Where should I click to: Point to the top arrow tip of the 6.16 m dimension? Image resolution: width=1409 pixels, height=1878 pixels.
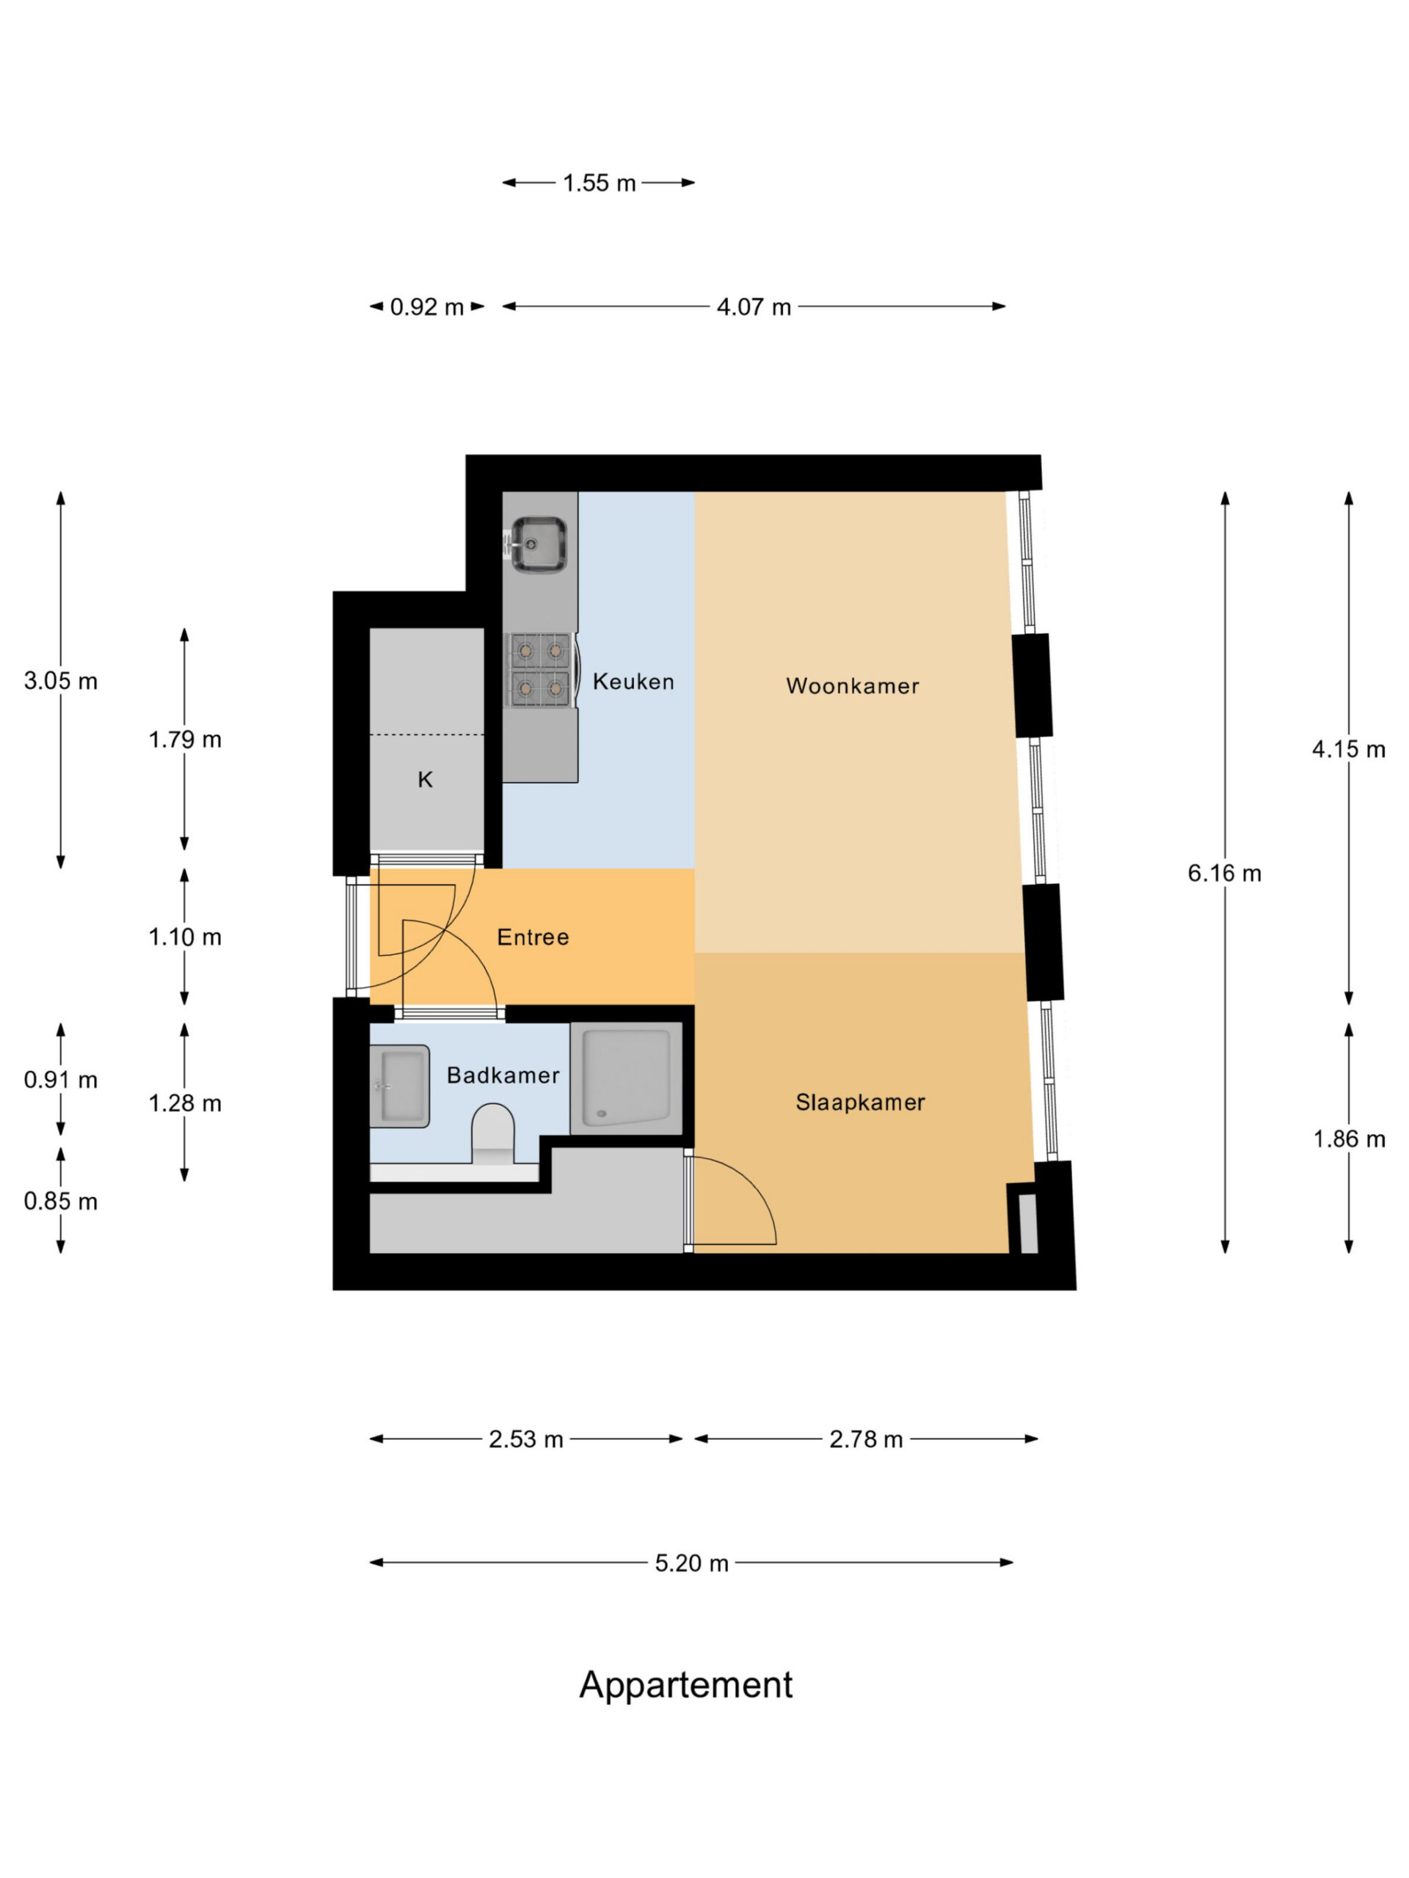(1225, 492)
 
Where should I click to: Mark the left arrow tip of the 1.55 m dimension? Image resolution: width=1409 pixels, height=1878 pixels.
(503, 183)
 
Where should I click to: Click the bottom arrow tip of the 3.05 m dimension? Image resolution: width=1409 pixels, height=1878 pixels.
(60, 869)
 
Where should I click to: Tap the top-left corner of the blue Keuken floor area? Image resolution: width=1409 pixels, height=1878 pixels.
(579, 492)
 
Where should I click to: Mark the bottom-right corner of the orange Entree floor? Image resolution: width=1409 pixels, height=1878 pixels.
(695, 1004)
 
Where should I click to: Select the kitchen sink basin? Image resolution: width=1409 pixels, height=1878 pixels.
(539, 544)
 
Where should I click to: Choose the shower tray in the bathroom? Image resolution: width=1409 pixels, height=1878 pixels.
(626, 1078)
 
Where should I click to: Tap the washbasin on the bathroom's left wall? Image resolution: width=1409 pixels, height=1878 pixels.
(399, 1086)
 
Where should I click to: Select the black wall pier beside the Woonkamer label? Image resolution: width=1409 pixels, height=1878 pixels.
(1032, 685)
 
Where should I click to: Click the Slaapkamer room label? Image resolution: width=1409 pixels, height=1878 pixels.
(860, 1102)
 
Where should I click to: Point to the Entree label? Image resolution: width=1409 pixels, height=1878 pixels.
(533, 938)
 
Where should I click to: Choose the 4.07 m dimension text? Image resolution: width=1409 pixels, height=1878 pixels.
(754, 307)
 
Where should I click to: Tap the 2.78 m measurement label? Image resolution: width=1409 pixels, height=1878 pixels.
(865, 1439)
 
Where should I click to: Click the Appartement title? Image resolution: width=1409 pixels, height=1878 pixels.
(686, 1685)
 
